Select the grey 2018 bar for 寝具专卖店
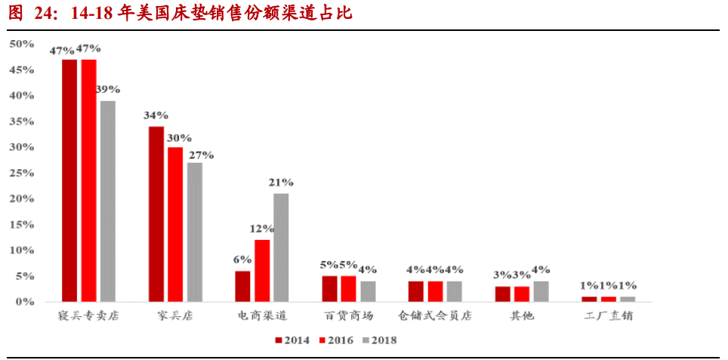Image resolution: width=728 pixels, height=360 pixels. coord(108,201)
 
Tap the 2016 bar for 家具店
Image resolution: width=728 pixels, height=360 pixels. coord(175,224)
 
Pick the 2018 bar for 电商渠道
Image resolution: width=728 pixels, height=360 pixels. coord(281,248)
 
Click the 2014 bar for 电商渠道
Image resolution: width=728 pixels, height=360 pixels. coord(242,286)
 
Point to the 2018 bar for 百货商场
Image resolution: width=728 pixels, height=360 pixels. coord(368,291)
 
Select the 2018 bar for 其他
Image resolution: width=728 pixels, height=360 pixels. coord(541,291)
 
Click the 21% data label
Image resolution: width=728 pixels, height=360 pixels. coord(281,183)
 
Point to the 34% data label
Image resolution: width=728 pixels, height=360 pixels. coord(156,115)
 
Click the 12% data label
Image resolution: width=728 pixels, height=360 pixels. coord(262,229)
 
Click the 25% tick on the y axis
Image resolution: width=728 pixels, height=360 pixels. coord(21,173)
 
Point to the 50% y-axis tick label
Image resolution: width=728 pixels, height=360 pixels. coord(21,44)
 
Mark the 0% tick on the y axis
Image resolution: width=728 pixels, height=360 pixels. coord(24,302)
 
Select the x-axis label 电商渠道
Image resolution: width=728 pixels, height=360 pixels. coord(262,316)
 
